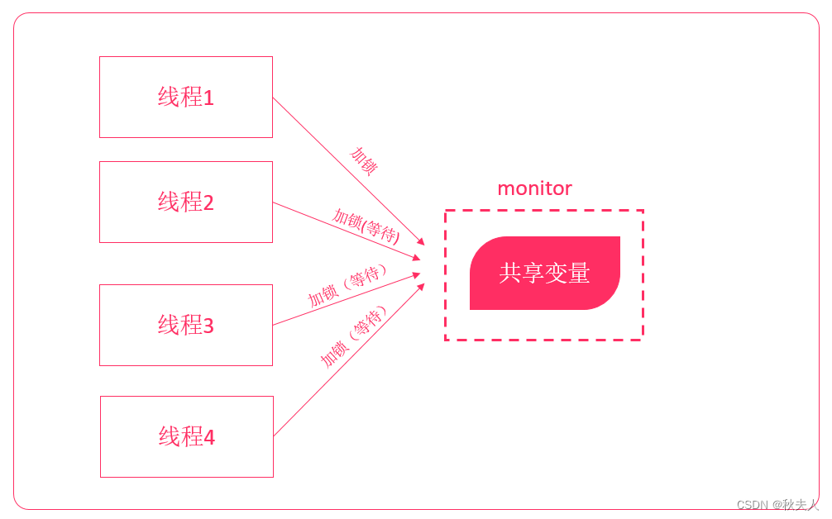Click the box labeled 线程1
185,97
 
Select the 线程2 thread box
185,202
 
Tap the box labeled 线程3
185,325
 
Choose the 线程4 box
186,436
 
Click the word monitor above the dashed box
534,188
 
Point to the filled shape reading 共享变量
544,273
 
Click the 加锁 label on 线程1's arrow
363,160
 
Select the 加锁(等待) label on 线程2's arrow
366,225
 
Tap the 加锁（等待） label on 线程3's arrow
347,286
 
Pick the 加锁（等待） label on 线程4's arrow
353,336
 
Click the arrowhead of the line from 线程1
421,242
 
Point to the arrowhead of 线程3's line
417,275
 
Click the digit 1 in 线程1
208,98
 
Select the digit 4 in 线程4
209,437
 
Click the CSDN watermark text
752,504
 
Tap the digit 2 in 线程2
208,202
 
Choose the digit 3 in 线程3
208,326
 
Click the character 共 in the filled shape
510,273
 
